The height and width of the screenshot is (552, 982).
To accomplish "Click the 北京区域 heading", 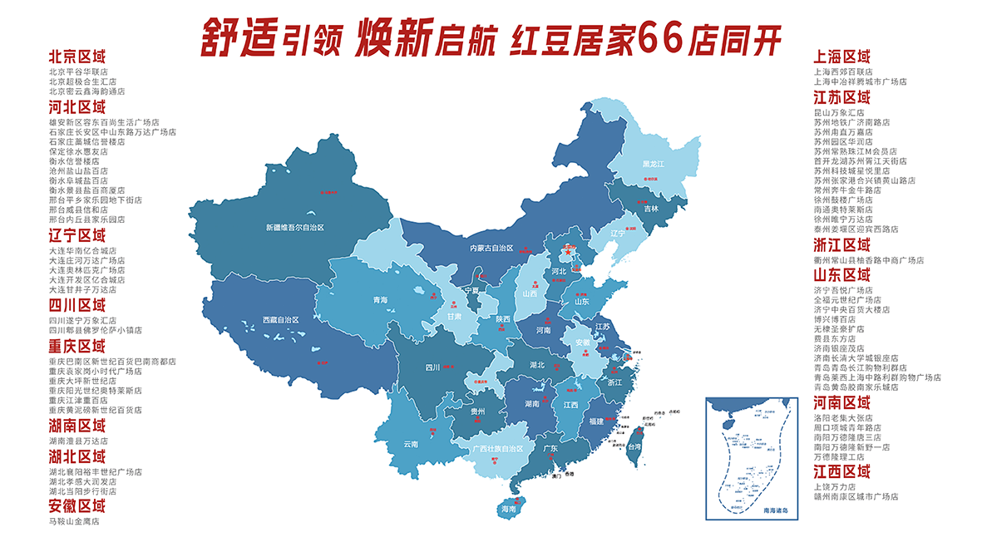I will coord(77,57).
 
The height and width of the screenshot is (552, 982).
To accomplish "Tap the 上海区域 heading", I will coord(842,57).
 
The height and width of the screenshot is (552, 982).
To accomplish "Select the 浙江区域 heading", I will coord(842,245).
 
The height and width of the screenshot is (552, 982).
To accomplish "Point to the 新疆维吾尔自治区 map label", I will coord(294,227).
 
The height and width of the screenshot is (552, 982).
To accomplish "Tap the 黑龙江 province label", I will coord(653,165).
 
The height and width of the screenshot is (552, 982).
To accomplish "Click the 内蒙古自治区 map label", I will coord(491,248).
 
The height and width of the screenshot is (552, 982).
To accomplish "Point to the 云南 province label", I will coord(411,443).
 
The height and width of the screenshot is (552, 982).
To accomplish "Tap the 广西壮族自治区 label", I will coord(498,448).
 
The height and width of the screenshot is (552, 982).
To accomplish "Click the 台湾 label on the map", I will coord(634,446).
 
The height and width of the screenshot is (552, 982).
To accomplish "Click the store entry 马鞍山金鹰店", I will coord(74,521).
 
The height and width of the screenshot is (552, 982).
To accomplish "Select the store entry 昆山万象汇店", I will coord(839,111).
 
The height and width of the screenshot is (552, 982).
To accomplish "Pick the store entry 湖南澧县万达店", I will coord(78,441).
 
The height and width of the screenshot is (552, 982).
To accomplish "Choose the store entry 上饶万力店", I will coord(835,486).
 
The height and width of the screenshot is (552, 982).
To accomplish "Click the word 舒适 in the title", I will coord(236,38).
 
